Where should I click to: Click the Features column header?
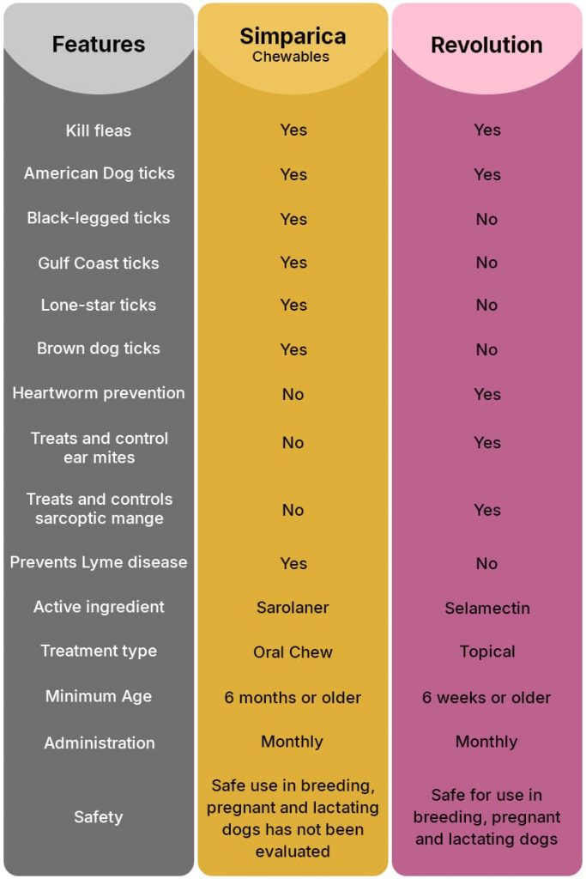[99, 45]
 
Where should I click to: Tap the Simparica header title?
[293, 36]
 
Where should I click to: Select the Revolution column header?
[486, 45]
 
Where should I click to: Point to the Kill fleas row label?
[99, 130]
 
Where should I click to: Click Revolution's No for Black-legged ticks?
[486, 219]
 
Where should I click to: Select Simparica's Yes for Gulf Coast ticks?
[293, 263]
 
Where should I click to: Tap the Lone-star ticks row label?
[99, 305]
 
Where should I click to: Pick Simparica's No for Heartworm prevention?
[293, 394]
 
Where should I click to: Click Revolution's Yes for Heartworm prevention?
[486, 394]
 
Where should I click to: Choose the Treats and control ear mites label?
[99, 447]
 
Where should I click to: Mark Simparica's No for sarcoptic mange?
[293, 510]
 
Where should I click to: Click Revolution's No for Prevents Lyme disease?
[486, 563]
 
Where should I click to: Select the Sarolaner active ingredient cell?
[293, 608]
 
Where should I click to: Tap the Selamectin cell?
[486, 608]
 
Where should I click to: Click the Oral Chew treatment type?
[293, 652]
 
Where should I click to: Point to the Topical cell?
[486, 652]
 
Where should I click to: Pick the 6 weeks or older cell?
[486, 697]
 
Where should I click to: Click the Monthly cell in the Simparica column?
[293, 742]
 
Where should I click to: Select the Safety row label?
[99, 817]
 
